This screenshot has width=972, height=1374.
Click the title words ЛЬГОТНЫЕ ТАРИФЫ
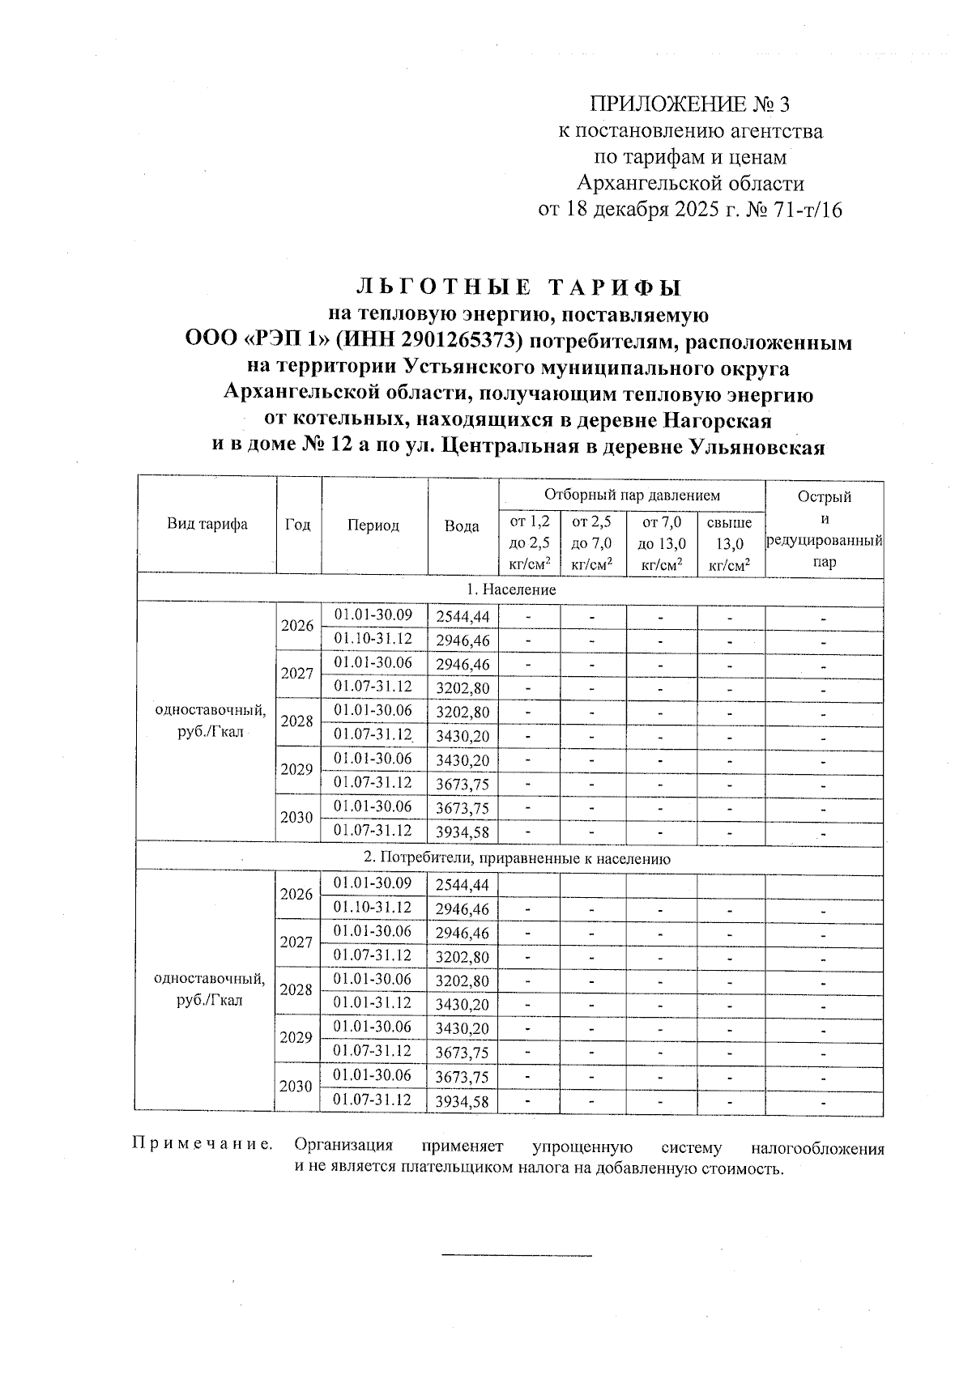tap(518, 288)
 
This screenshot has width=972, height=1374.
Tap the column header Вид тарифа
tap(207, 524)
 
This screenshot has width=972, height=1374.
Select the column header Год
tap(298, 525)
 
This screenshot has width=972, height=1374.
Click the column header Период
tap(373, 525)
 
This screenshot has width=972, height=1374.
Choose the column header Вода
tap(462, 525)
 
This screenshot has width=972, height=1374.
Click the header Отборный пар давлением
tap(631, 495)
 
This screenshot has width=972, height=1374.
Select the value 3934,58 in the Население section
tap(462, 832)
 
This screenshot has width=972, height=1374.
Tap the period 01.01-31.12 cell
tap(373, 1003)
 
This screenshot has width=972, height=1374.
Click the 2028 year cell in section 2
tap(297, 990)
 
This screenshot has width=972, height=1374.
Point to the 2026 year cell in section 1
tap(297, 626)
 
